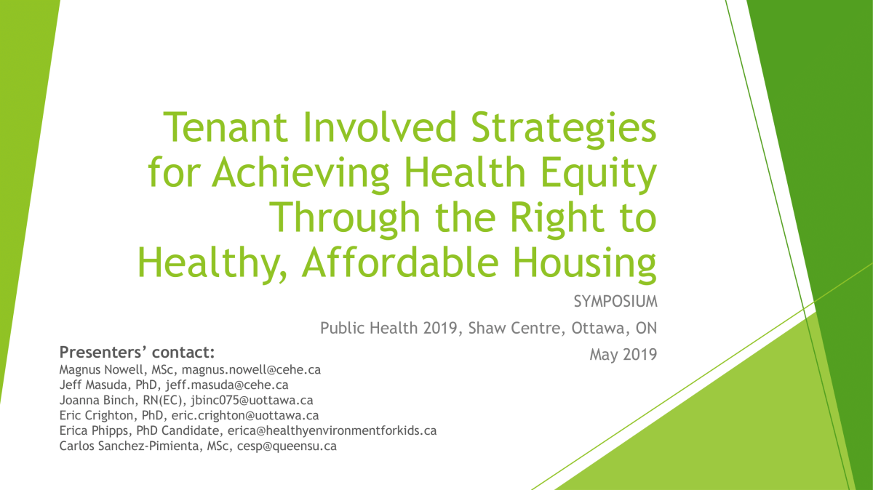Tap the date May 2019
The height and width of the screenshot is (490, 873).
pyautogui.click(x=623, y=356)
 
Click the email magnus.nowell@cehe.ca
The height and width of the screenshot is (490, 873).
pyautogui.click(x=251, y=369)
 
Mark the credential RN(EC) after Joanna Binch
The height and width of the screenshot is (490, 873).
pyautogui.click(x=148, y=400)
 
